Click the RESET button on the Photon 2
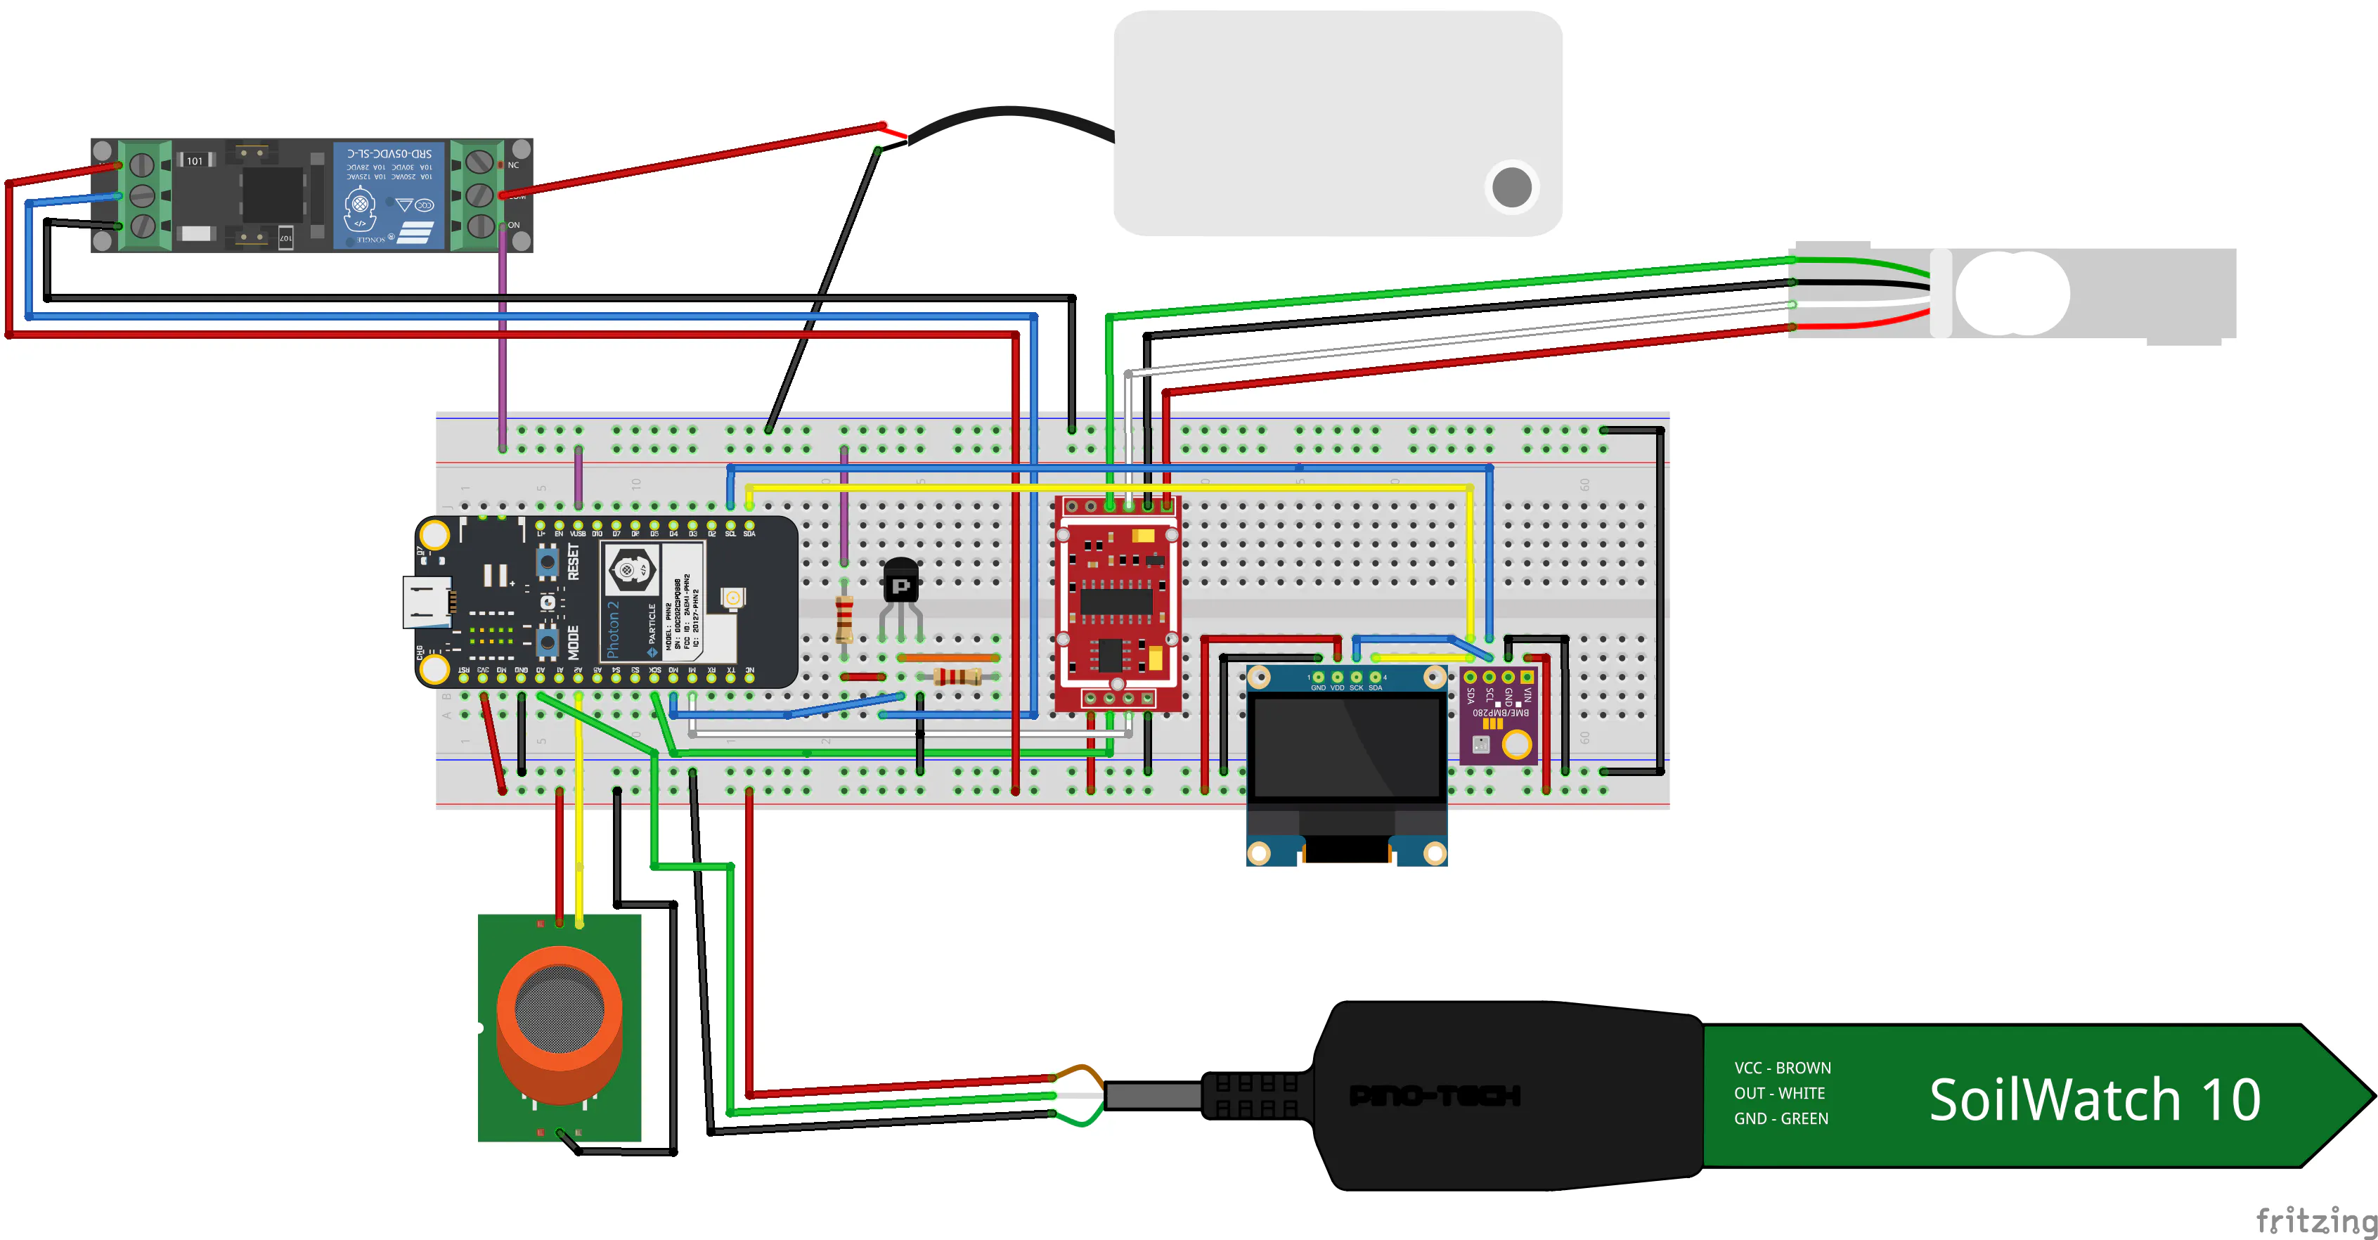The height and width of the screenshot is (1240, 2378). pos(548,560)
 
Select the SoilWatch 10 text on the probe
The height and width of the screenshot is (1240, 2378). pos(2094,1099)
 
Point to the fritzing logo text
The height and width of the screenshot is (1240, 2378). pos(2315,1220)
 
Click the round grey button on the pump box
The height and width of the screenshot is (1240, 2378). pos(1511,188)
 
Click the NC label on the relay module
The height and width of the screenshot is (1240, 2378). pos(513,165)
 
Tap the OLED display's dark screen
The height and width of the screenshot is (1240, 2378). pos(1346,748)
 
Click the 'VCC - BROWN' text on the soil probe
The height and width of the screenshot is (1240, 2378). pos(1782,1068)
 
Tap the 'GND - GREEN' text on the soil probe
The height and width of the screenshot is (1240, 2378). pos(1781,1119)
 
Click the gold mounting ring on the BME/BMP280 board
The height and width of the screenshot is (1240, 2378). pos(1516,743)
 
